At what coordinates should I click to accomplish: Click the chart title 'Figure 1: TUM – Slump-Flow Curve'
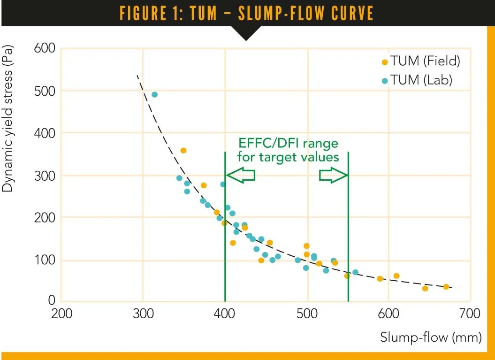[247, 13]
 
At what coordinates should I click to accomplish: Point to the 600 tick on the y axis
[45, 48]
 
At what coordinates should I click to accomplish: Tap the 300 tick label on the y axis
[45, 176]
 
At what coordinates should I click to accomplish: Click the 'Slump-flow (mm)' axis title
[431, 337]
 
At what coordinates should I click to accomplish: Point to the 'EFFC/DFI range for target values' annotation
[288, 149]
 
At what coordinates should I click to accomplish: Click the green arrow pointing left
[240, 175]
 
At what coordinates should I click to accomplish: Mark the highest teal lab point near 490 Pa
[154, 95]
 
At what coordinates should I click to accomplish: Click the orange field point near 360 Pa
[183, 151]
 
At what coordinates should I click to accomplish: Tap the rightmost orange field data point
[446, 287]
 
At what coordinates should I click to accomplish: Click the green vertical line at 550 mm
[348, 225]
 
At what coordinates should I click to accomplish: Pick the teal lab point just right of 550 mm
[355, 272]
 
